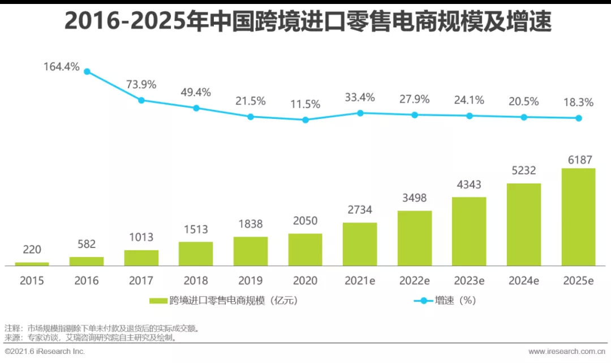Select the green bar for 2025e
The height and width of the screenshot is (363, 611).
(x=578, y=216)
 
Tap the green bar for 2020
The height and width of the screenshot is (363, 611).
(x=305, y=249)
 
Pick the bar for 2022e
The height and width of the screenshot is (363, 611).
(x=415, y=238)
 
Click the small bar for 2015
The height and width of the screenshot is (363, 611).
(x=32, y=263)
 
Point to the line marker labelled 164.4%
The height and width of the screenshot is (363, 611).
(x=87, y=71)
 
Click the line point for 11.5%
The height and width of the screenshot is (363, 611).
(x=305, y=119)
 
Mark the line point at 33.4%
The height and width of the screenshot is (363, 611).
(x=360, y=113)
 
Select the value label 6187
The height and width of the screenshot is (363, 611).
(x=578, y=160)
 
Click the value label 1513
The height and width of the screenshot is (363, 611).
(x=196, y=229)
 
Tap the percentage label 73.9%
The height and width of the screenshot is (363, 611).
(x=141, y=85)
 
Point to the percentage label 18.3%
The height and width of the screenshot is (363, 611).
(x=578, y=103)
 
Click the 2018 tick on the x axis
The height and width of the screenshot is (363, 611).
(x=196, y=280)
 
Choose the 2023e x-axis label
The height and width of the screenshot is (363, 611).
(x=469, y=280)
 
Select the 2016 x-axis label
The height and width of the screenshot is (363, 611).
(x=87, y=280)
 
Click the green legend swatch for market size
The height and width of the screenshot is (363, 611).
(x=158, y=301)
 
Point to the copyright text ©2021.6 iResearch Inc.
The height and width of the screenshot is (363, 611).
(x=45, y=352)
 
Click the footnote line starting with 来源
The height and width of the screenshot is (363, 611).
(x=91, y=338)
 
